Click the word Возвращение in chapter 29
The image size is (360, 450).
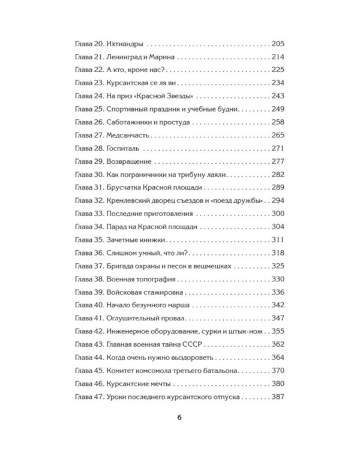click(128, 162)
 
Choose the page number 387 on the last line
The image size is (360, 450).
click(276, 397)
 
